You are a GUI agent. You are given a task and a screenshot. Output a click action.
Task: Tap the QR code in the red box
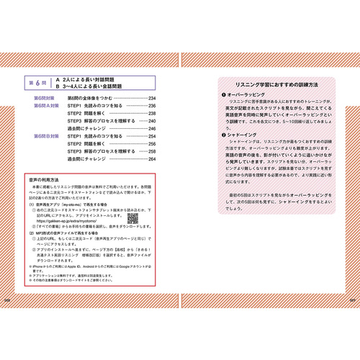click(132, 217)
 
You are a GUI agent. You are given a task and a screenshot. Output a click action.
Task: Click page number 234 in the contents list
click(152, 97)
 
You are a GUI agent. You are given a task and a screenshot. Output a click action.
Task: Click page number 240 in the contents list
click(152, 120)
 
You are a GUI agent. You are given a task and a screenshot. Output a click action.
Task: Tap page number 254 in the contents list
click(152, 135)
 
